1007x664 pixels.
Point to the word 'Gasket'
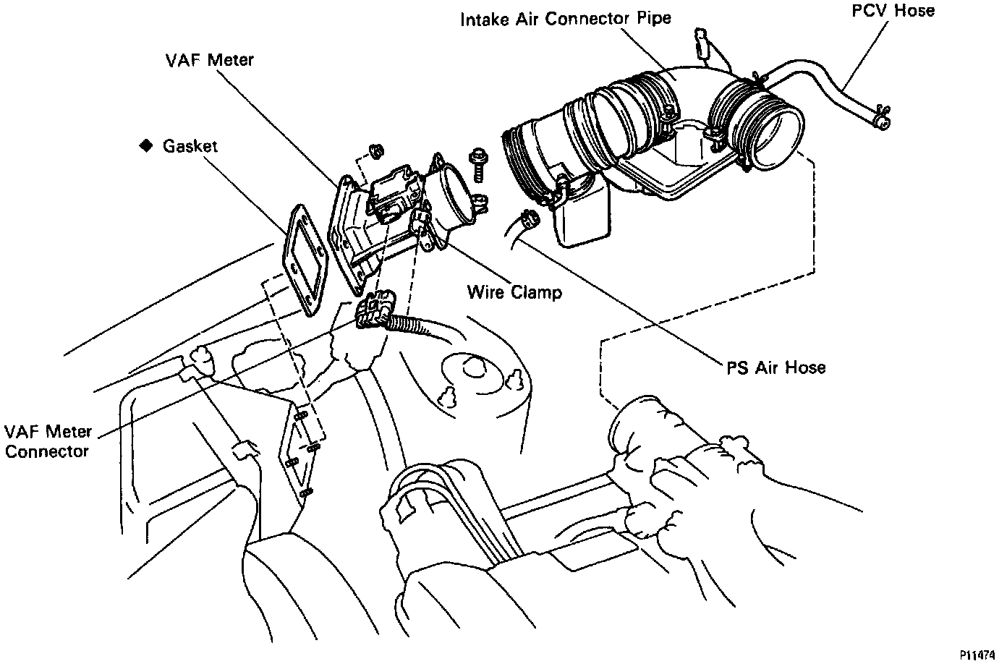[190, 145]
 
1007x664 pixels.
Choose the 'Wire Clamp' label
[514, 292]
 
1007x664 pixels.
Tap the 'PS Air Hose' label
[776, 367]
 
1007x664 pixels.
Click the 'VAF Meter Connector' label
[48, 441]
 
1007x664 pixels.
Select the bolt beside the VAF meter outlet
[477, 165]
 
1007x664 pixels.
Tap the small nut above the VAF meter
[375, 150]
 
